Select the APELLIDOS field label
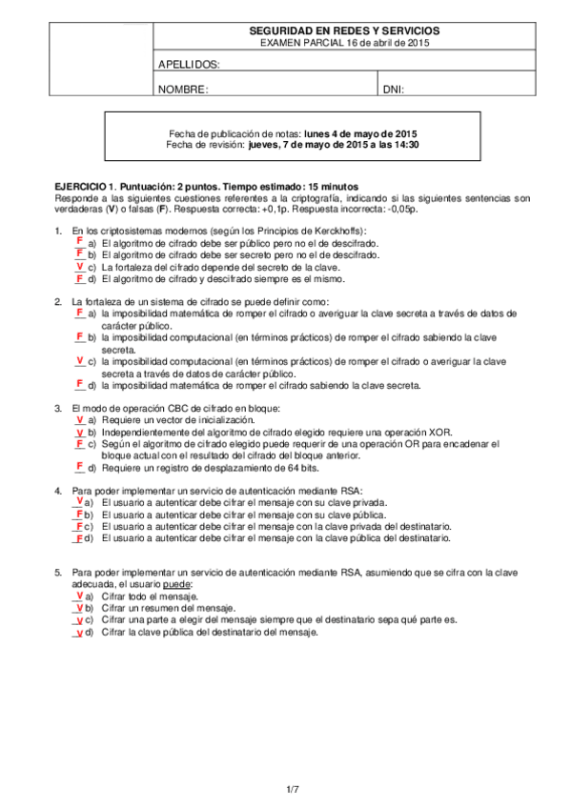189,65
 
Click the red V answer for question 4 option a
78,499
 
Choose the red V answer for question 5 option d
78,630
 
